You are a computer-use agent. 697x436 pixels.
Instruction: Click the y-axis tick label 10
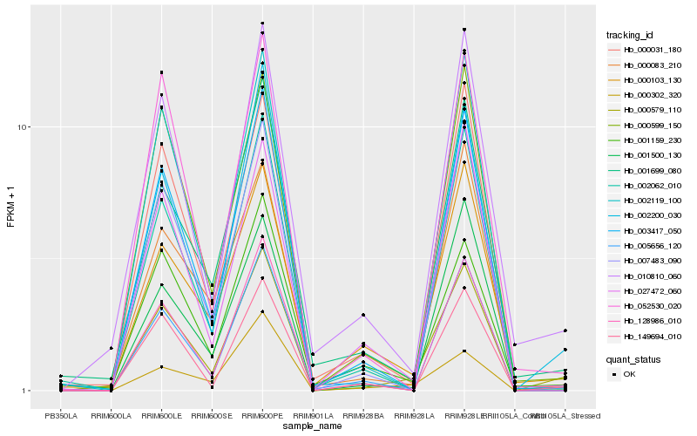point(24,127)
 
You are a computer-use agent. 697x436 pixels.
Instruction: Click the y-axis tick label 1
point(27,391)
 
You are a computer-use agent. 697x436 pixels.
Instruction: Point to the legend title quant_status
point(634,358)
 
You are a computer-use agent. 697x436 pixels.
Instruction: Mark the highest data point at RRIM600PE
point(262,24)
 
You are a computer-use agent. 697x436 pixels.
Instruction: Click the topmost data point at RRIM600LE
point(161,72)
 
